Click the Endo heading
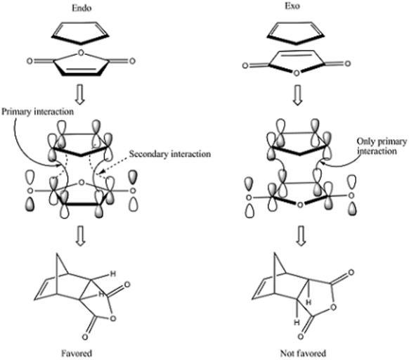82,8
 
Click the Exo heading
292,6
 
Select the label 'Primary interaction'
37,112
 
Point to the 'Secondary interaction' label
170,154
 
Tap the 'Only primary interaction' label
382,146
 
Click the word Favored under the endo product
77,354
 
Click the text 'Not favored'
303,354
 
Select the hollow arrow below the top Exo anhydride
298,95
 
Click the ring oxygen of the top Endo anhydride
81,53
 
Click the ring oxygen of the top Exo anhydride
297,73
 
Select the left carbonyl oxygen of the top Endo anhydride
30,61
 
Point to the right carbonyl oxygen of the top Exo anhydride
347,63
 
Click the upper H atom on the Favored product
113,274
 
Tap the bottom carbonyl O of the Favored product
85,337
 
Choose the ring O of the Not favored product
333,307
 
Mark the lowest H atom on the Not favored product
297,323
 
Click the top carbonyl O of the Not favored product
351,273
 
